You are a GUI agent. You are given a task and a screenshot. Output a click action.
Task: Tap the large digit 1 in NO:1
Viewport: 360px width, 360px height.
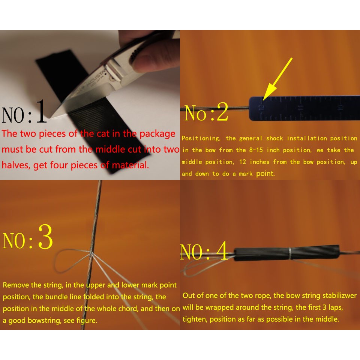[41, 111]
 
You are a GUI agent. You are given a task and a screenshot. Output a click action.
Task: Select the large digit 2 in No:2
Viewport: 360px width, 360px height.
[222, 112]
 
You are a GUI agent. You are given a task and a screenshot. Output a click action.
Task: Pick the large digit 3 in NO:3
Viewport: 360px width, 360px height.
[45, 237]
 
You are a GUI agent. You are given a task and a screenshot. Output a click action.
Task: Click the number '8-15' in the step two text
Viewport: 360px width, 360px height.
[256, 150]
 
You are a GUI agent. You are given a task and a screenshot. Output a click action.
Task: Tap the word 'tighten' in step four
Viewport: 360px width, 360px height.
[195, 319]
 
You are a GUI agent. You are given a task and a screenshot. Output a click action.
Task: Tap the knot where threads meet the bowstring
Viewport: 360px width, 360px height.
[91, 253]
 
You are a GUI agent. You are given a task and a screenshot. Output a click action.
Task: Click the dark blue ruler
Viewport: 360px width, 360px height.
[304, 108]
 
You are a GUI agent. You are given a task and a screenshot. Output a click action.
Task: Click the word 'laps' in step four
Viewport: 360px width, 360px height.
[336, 307]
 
